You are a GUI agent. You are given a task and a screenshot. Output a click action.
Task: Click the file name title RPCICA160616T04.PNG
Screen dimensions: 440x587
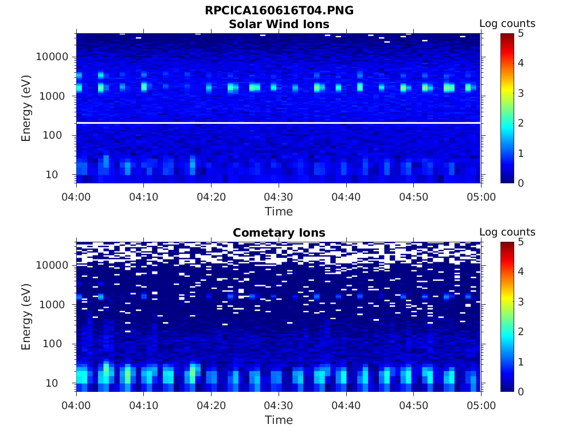[279, 11]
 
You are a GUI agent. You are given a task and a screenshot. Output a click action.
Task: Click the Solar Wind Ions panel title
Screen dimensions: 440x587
[279, 25]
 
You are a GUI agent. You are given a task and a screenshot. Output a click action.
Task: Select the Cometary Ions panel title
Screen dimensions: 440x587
[279, 233]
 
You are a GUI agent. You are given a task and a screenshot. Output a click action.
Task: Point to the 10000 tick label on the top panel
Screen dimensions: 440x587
[52, 57]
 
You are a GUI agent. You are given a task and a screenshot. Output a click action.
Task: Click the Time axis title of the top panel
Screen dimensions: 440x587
[279, 212]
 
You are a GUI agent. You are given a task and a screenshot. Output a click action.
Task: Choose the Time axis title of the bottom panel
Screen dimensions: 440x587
[279, 421]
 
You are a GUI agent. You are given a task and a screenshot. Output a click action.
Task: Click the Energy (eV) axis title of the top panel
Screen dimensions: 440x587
[26, 108]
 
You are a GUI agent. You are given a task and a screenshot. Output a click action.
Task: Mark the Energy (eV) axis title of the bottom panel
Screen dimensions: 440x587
[26, 317]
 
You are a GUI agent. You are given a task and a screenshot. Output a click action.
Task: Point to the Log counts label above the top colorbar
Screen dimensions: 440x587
[507, 24]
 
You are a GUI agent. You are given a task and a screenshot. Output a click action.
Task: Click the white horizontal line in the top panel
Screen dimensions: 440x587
[279, 123]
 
